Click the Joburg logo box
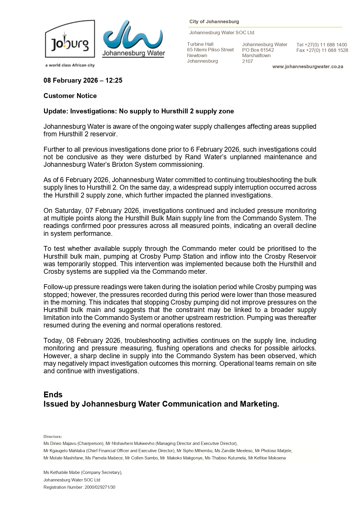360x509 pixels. coord(70,39)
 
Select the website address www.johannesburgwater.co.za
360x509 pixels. coord(307,67)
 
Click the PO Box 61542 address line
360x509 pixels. coord(258,50)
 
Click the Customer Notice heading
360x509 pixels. coord(70,96)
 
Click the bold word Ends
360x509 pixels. coord(53,394)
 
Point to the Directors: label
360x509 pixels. coord(53,436)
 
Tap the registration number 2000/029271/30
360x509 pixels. coord(100,487)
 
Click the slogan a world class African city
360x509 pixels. coord(70,65)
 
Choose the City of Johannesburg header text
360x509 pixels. coord(214,22)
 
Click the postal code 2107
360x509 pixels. coord(247,61)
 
